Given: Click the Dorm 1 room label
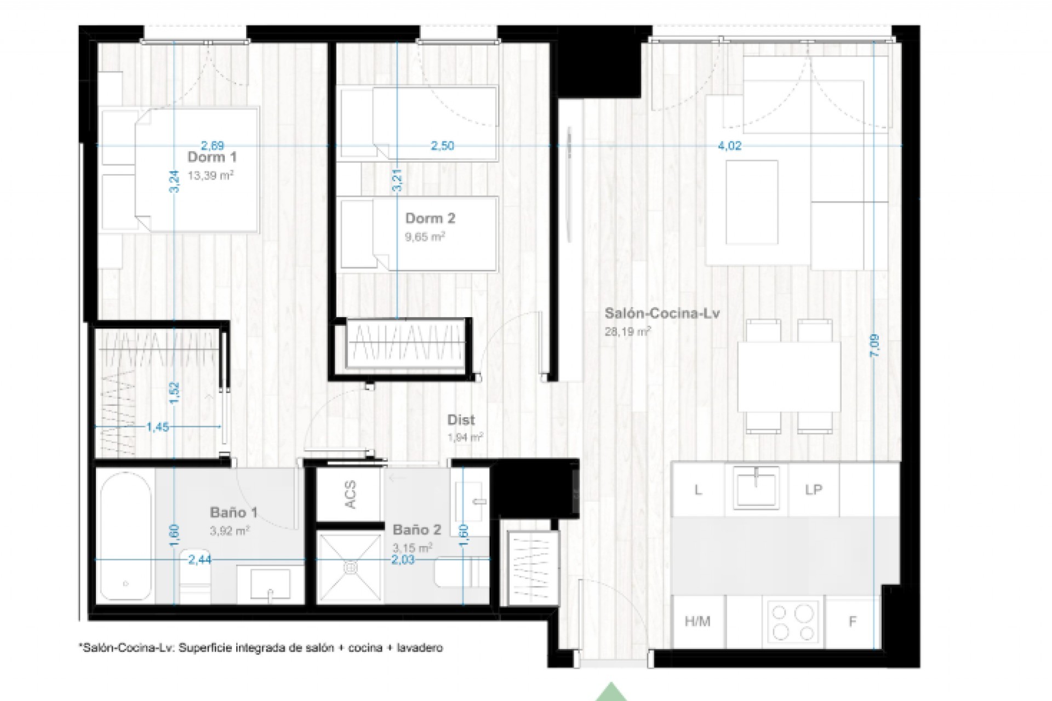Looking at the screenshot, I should [212, 157].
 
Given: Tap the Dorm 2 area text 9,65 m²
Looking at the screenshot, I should [425, 237].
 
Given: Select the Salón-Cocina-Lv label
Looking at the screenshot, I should [662, 313].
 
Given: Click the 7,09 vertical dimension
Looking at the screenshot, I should [874, 346].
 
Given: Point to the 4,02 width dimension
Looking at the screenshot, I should [729, 146].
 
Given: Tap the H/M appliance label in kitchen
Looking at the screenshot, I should [697, 621].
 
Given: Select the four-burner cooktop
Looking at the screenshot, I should [793, 622].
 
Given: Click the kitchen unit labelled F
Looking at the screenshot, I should [852, 621].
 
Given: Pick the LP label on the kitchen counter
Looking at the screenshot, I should [814, 490].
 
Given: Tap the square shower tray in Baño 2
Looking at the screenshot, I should [350, 567].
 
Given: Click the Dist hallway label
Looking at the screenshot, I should [461, 420].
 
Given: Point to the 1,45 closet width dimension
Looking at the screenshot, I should [158, 427].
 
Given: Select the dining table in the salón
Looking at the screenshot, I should [788, 377].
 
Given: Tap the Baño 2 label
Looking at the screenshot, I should [416, 530].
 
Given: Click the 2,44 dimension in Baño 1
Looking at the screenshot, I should [199, 560].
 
